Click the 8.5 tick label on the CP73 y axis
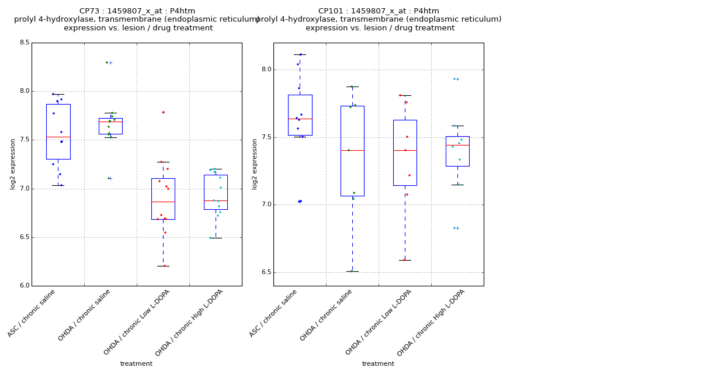[x=25, y=43]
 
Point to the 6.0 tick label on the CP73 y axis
[x=25, y=286]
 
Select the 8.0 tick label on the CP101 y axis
[x=266, y=70]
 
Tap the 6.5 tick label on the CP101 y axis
[x=266, y=272]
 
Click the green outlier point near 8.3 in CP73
[x=107, y=63]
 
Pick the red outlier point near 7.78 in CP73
[x=163, y=112]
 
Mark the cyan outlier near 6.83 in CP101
[x=454, y=228]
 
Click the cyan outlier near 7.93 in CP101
[x=454, y=79]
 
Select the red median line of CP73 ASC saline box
[x=58, y=137]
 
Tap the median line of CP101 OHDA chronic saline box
[x=352, y=150]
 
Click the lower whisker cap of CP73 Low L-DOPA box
[x=163, y=266]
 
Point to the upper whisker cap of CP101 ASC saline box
[x=300, y=54]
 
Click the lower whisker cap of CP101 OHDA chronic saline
[x=352, y=271]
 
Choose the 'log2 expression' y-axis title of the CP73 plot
[x=13, y=164]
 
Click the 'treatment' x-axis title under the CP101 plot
[x=378, y=364]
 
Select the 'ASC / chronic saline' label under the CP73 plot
[x=33, y=313]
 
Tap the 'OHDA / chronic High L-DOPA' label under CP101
[x=431, y=322]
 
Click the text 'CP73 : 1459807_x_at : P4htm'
[x=137, y=11]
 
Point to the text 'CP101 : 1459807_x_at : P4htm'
[x=379, y=11]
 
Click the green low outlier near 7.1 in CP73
[x=109, y=178]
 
